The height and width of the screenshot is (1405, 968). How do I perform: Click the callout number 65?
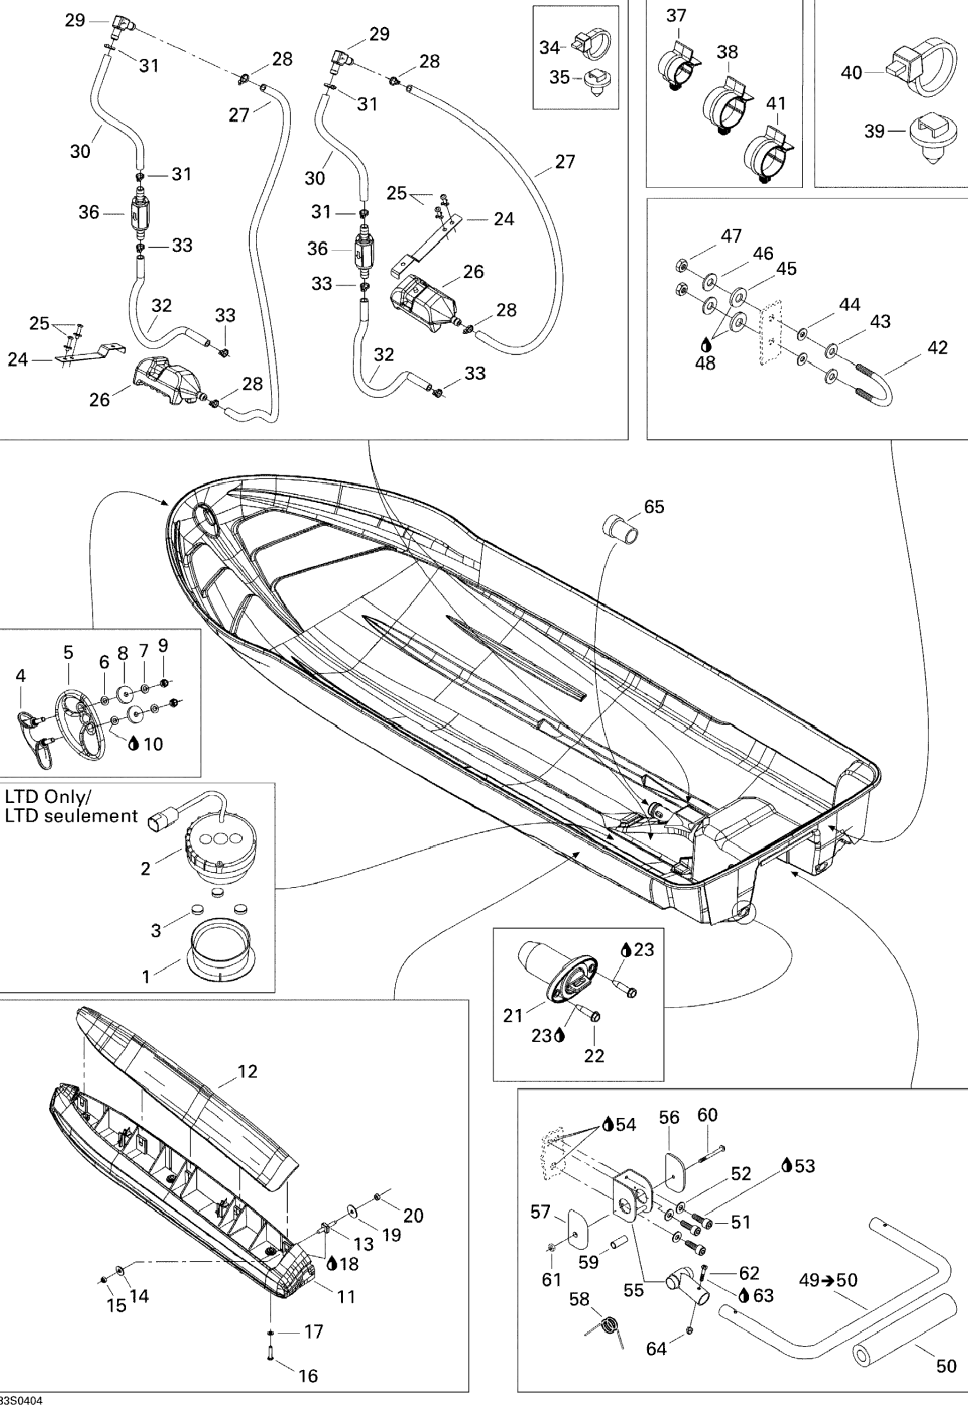(654, 507)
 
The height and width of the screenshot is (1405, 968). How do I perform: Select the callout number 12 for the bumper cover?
(247, 1072)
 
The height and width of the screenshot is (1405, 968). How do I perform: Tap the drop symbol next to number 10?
(134, 744)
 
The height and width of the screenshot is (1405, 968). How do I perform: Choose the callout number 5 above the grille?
(69, 653)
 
